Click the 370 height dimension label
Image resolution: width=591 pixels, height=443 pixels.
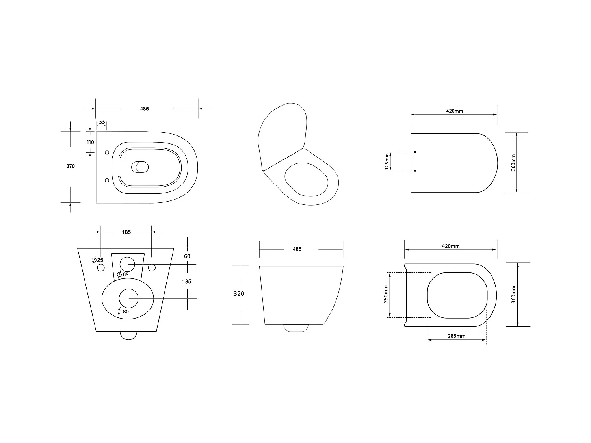(x=70, y=166)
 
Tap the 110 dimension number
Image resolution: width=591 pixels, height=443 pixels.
(x=90, y=142)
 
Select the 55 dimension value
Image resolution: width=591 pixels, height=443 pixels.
(x=102, y=122)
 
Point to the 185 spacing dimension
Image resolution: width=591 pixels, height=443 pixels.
(x=126, y=232)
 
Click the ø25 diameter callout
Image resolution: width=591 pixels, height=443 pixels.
(x=97, y=260)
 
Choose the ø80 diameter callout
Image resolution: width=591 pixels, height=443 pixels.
(x=123, y=312)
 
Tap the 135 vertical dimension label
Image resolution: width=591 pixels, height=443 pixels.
(x=187, y=281)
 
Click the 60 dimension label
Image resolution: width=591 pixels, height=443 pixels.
(x=187, y=256)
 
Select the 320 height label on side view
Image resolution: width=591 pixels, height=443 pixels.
(x=239, y=294)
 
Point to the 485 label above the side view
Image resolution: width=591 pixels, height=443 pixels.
(x=297, y=249)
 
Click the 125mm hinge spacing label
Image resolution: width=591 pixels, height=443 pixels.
(x=387, y=161)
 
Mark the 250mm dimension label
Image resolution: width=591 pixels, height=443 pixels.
(x=386, y=294)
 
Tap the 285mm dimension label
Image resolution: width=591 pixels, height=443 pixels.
(x=456, y=336)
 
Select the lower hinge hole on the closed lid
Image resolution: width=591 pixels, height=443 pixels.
(x=415, y=171)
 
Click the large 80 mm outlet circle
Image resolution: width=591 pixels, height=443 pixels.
(x=128, y=298)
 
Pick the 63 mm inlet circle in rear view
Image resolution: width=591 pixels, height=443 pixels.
(x=127, y=264)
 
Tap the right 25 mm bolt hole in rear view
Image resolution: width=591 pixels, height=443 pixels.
(x=152, y=268)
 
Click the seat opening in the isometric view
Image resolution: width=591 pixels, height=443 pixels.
(x=306, y=180)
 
